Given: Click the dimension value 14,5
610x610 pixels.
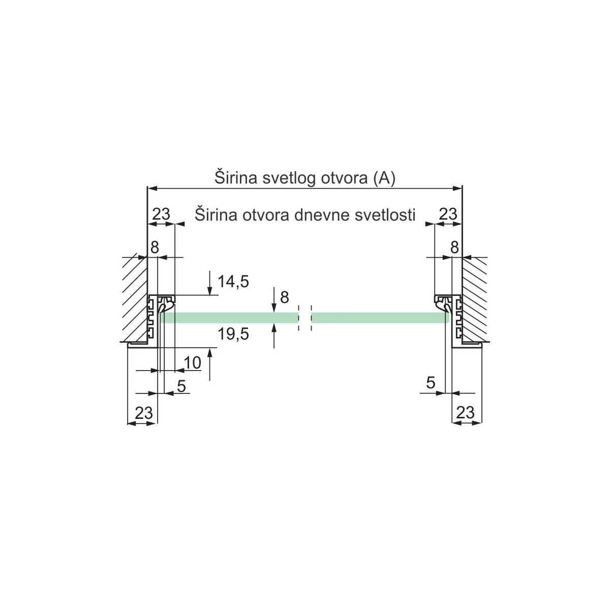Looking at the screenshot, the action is point(233,282).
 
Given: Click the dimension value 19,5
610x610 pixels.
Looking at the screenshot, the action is point(233,334).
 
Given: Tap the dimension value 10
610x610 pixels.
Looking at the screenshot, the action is point(192,363).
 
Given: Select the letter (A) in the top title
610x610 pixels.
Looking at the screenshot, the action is point(384,178).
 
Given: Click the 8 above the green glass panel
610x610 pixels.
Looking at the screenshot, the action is point(285,297).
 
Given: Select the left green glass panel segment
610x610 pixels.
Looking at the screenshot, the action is point(229,318).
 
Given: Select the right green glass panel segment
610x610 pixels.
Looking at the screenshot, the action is point(380,318).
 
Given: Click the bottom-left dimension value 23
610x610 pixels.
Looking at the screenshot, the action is point(144,413).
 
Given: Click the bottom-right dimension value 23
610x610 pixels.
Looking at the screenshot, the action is point(465,412).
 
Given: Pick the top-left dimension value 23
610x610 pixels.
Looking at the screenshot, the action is point(162,214).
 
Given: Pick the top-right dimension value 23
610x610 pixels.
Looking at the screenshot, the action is point(448,214).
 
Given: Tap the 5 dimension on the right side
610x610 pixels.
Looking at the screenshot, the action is point(431,383).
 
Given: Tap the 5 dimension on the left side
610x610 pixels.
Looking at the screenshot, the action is point(181,386).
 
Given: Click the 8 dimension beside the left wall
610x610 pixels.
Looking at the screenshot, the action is point(155,247).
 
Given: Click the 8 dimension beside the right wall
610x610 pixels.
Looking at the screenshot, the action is point(454,247).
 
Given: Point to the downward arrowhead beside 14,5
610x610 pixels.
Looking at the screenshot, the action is point(209,290).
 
